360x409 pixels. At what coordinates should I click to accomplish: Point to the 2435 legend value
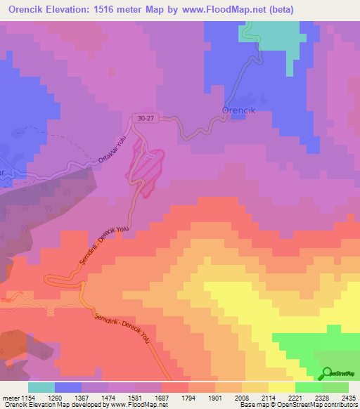tap(347, 398)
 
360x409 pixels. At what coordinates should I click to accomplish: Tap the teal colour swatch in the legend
tap(41, 387)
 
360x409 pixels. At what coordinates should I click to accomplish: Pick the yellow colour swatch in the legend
tap(281, 387)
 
